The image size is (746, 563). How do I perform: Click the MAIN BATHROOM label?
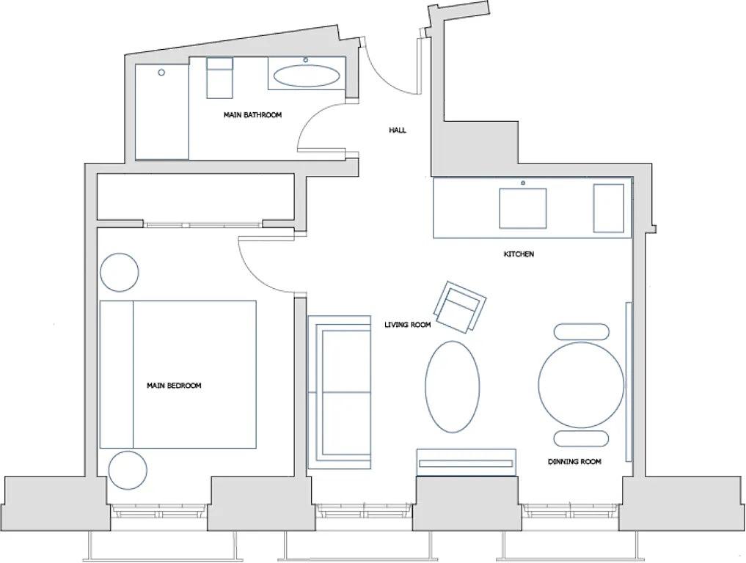pos(252,115)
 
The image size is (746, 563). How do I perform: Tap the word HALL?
pos(398,130)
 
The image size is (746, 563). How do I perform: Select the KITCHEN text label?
pos(519,254)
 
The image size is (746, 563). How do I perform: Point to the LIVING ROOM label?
pos(408,324)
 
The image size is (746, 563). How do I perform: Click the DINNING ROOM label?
pos(574,462)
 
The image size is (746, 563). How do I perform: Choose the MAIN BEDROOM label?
pos(174,386)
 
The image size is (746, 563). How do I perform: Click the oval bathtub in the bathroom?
pos(307,76)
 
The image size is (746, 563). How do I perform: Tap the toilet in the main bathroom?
pos(219,78)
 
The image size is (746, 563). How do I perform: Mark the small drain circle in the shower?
pos(162,73)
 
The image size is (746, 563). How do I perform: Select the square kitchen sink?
pos(523,208)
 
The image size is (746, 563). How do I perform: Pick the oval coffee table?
pos(453,387)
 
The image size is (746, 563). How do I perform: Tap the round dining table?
pos(581,385)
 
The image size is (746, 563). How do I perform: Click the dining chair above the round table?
pos(581,331)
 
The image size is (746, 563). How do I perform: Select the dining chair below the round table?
pos(581,438)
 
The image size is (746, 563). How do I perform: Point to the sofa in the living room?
pos(339,392)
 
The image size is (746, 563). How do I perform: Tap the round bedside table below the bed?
pos(128,470)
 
